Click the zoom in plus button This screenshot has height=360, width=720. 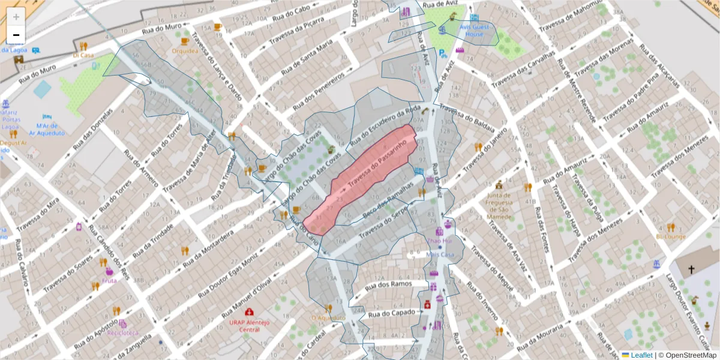[16, 16]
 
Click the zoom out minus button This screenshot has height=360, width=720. [16, 35]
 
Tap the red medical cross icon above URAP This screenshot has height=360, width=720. [249, 312]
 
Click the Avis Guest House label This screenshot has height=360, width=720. [471, 31]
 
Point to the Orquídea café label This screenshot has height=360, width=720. [185, 51]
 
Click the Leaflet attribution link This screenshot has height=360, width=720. [640, 355]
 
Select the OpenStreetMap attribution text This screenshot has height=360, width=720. [688, 355]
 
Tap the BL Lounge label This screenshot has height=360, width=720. [671, 236]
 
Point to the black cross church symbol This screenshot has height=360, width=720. [691, 269]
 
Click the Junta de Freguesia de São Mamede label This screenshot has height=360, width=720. [503, 202]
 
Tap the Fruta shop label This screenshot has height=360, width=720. [109, 280]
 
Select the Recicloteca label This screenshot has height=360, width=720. [122, 332]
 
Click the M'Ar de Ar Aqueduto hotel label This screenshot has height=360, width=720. [50, 129]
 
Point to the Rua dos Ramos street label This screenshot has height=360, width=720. [392, 285]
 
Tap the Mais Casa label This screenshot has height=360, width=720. [440, 254]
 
